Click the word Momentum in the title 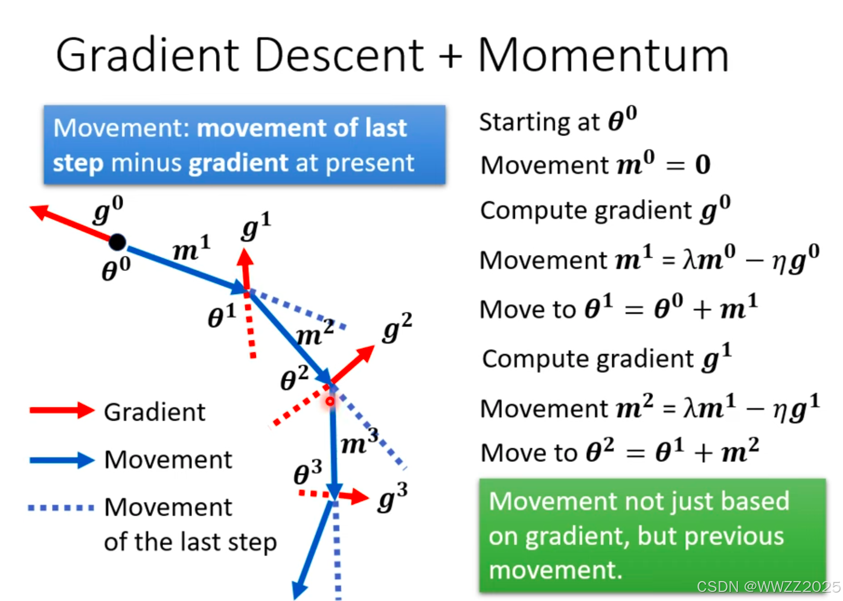click(x=603, y=56)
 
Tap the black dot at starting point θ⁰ click(x=117, y=242)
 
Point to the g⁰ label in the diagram click(x=108, y=211)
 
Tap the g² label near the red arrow click(x=397, y=328)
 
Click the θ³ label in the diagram click(x=307, y=472)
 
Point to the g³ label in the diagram click(x=393, y=498)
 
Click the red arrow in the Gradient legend click(x=62, y=410)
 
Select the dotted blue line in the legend click(x=61, y=507)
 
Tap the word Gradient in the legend click(x=155, y=412)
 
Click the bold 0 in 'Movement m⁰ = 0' click(x=702, y=165)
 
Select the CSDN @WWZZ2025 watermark click(x=768, y=587)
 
